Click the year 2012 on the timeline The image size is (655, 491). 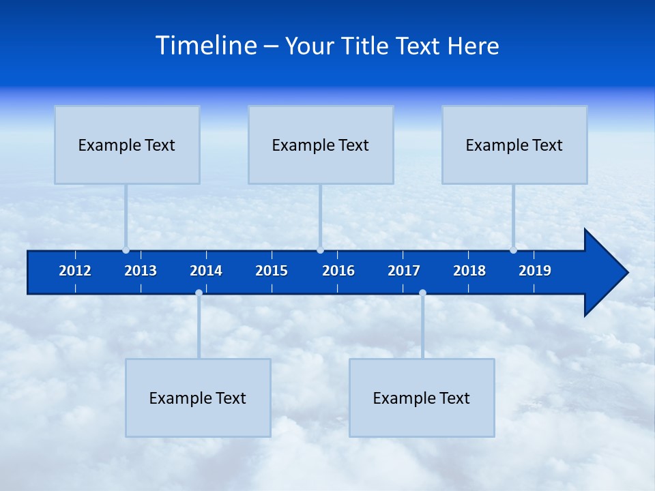pyautogui.click(x=75, y=271)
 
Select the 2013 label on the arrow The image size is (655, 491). pyautogui.click(x=141, y=271)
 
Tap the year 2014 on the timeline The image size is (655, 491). pyautogui.click(x=206, y=271)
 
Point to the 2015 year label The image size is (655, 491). pyautogui.click(x=272, y=271)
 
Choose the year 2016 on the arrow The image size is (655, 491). pyautogui.click(x=338, y=271)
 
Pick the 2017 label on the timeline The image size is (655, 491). pyautogui.click(x=404, y=271)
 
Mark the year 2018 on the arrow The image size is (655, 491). pyautogui.click(x=469, y=271)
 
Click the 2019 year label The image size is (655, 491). pyautogui.click(x=535, y=271)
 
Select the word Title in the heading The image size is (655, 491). pyautogui.click(x=366, y=46)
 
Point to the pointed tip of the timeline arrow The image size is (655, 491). pyautogui.click(x=626, y=273)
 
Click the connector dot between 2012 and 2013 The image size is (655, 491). pyautogui.click(x=126, y=250)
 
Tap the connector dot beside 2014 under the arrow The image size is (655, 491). pyautogui.click(x=199, y=293)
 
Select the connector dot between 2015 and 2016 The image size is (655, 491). pyautogui.click(x=320, y=250)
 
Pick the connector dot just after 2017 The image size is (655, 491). pyautogui.click(x=422, y=293)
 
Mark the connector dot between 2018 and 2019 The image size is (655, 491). pyautogui.click(x=513, y=250)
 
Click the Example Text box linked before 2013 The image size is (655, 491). pyautogui.click(x=127, y=145)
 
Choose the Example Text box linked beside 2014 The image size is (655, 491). pyautogui.click(x=198, y=398)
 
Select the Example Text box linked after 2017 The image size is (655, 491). pyautogui.click(x=422, y=398)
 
